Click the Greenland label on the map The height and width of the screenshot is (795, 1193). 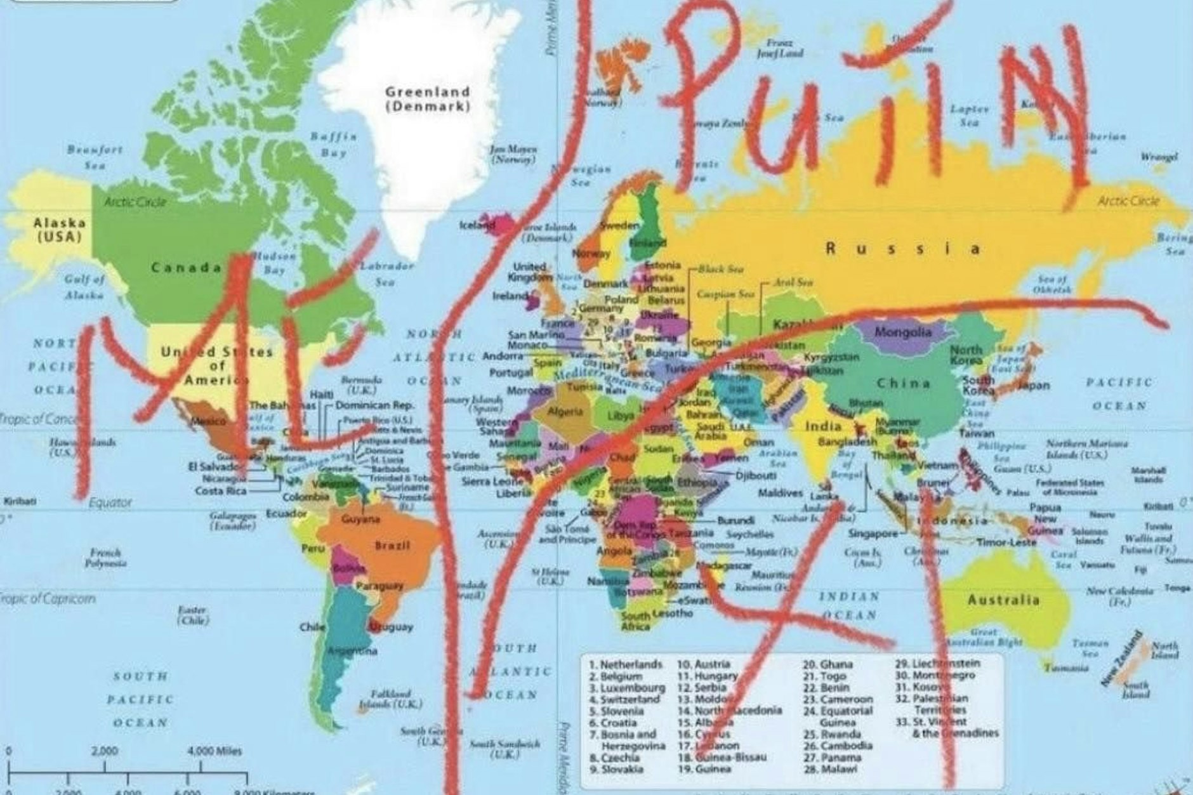(x=428, y=92)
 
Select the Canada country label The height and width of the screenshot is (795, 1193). (x=185, y=267)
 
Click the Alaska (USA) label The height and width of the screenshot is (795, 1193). (x=60, y=229)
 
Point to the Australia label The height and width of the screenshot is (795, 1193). (x=1003, y=600)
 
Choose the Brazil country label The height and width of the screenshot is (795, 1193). (x=393, y=545)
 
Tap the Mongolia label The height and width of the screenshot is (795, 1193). (x=904, y=332)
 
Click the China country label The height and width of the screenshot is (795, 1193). (x=904, y=383)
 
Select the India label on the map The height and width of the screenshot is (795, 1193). (x=823, y=425)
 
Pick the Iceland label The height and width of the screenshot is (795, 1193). (x=476, y=225)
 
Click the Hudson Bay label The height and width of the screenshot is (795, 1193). (x=274, y=263)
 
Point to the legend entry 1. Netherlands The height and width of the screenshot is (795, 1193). (x=626, y=664)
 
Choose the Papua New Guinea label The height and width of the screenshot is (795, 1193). (x=1045, y=518)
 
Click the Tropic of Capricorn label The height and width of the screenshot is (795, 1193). (x=48, y=598)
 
